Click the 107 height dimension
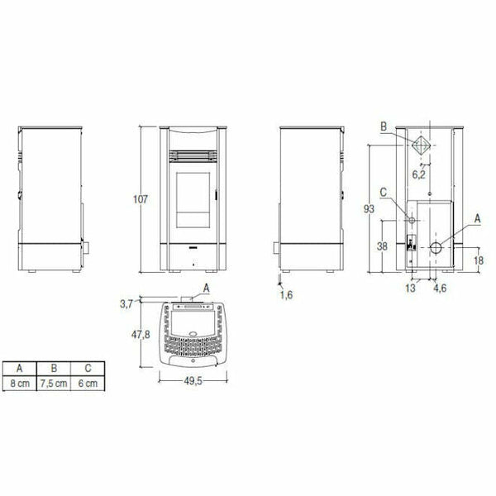point(141,199)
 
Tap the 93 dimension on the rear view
point(369,209)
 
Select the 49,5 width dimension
point(193,381)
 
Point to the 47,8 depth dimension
point(141,334)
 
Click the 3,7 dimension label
point(126,304)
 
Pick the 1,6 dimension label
point(286,295)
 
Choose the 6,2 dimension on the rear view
point(419,174)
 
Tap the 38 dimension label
point(382,246)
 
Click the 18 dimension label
point(479,260)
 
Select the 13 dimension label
point(410,289)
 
